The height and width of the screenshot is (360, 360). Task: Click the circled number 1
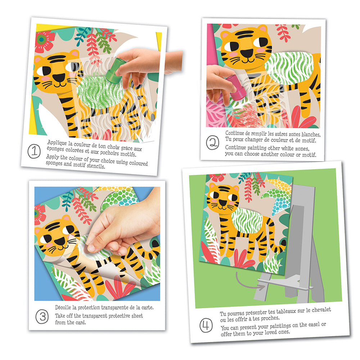click(34, 151)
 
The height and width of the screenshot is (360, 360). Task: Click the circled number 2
click(212, 143)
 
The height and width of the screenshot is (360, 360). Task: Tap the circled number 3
click(42, 316)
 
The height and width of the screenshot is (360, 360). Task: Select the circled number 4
click(206, 325)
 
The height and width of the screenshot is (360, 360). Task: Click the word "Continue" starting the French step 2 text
click(235, 133)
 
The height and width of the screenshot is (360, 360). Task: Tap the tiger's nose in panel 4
click(222, 202)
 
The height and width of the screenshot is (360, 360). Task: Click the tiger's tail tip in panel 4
click(284, 243)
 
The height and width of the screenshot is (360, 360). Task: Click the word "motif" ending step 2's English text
click(309, 155)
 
